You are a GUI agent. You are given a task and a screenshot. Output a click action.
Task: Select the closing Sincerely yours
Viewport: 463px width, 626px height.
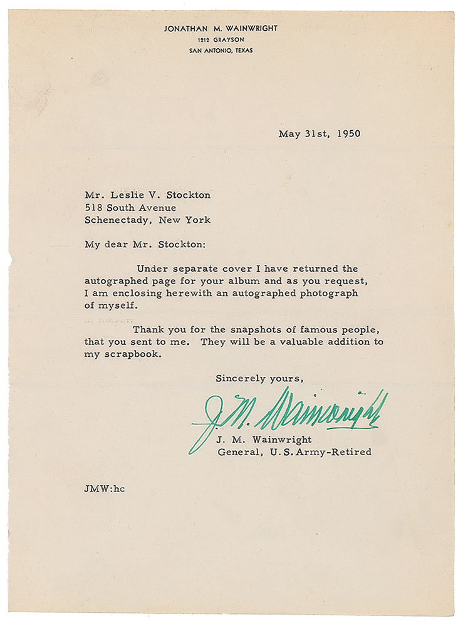coord(259,378)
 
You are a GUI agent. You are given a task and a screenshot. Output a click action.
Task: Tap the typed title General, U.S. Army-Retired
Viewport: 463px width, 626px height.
coord(294,452)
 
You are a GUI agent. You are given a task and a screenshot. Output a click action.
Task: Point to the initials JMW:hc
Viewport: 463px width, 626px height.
coord(105,488)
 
